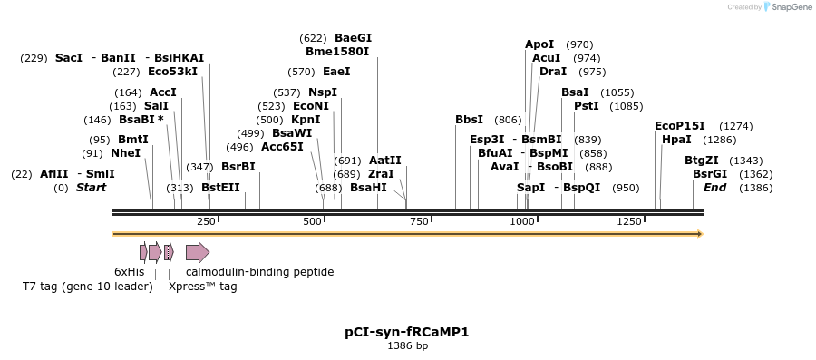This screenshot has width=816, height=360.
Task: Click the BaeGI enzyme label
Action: click(x=353, y=38)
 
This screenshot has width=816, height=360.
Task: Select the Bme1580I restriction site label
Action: click(x=337, y=52)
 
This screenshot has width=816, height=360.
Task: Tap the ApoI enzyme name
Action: click(x=539, y=44)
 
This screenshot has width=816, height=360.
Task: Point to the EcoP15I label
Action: click(x=680, y=126)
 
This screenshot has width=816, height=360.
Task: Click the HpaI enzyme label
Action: click(x=676, y=140)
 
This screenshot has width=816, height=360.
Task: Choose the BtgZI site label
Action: click(x=702, y=161)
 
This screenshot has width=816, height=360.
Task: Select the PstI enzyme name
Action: click(x=587, y=106)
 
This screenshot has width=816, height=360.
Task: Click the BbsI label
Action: click(x=469, y=120)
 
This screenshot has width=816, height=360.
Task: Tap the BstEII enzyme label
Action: click(x=220, y=188)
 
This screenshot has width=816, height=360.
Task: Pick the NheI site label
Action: click(x=126, y=153)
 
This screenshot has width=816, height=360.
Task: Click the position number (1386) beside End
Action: click(x=755, y=188)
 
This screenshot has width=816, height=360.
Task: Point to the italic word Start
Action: click(x=91, y=188)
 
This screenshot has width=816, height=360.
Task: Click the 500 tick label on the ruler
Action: click(x=313, y=222)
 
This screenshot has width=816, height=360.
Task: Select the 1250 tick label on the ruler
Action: click(x=629, y=222)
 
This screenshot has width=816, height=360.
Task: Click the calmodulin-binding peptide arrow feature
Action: click(x=197, y=252)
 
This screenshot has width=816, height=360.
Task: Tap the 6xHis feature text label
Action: click(x=129, y=272)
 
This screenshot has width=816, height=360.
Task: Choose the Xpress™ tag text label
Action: click(x=202, y=287)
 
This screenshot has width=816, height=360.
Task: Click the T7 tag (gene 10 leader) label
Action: click(x=88, y=287)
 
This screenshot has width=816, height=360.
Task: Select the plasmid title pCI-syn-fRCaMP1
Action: click(x=407, y=332)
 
